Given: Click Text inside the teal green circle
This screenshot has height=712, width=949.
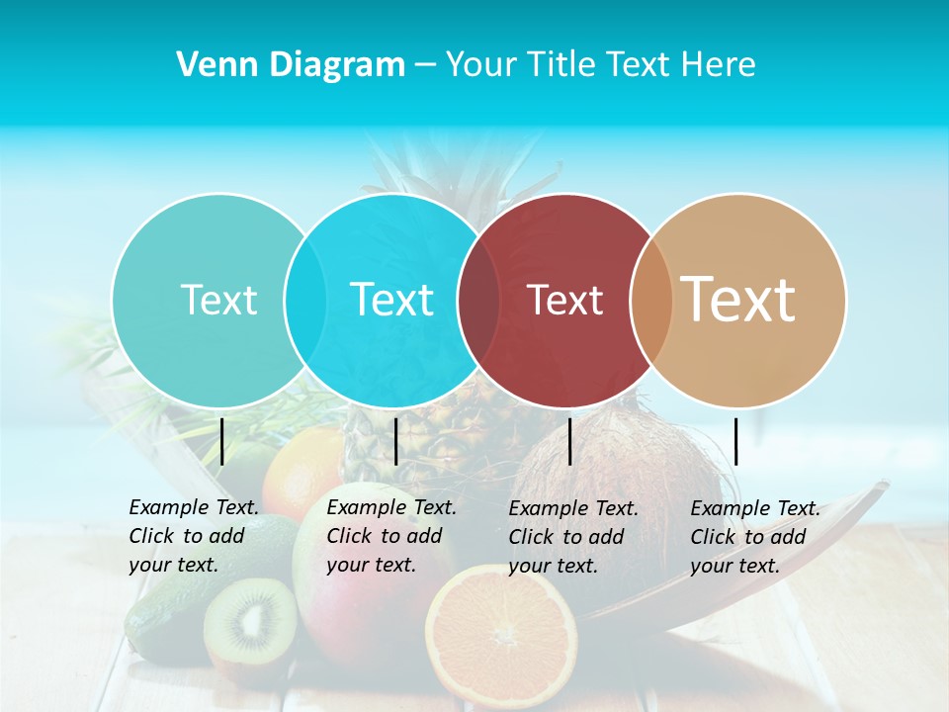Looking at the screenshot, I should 218,300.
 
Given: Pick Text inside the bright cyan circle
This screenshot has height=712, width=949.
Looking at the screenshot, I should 391,300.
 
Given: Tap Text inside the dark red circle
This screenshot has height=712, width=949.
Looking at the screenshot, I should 564,301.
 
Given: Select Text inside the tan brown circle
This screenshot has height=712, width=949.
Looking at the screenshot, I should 738,300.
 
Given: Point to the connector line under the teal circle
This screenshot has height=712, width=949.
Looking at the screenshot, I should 222,441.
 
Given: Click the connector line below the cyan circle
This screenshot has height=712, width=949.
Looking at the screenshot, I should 395,441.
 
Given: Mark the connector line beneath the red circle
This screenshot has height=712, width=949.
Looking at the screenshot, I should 570,441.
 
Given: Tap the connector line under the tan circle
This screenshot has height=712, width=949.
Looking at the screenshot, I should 735,441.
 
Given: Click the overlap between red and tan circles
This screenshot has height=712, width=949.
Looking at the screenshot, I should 650,301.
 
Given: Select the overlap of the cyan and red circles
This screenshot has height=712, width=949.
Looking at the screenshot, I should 477,301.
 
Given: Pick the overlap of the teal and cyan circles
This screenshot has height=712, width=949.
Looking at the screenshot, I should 304,301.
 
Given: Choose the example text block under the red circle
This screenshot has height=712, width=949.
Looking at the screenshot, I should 573,537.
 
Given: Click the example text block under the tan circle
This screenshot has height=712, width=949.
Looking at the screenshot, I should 755,537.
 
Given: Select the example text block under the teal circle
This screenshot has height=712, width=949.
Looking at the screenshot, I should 194,536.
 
